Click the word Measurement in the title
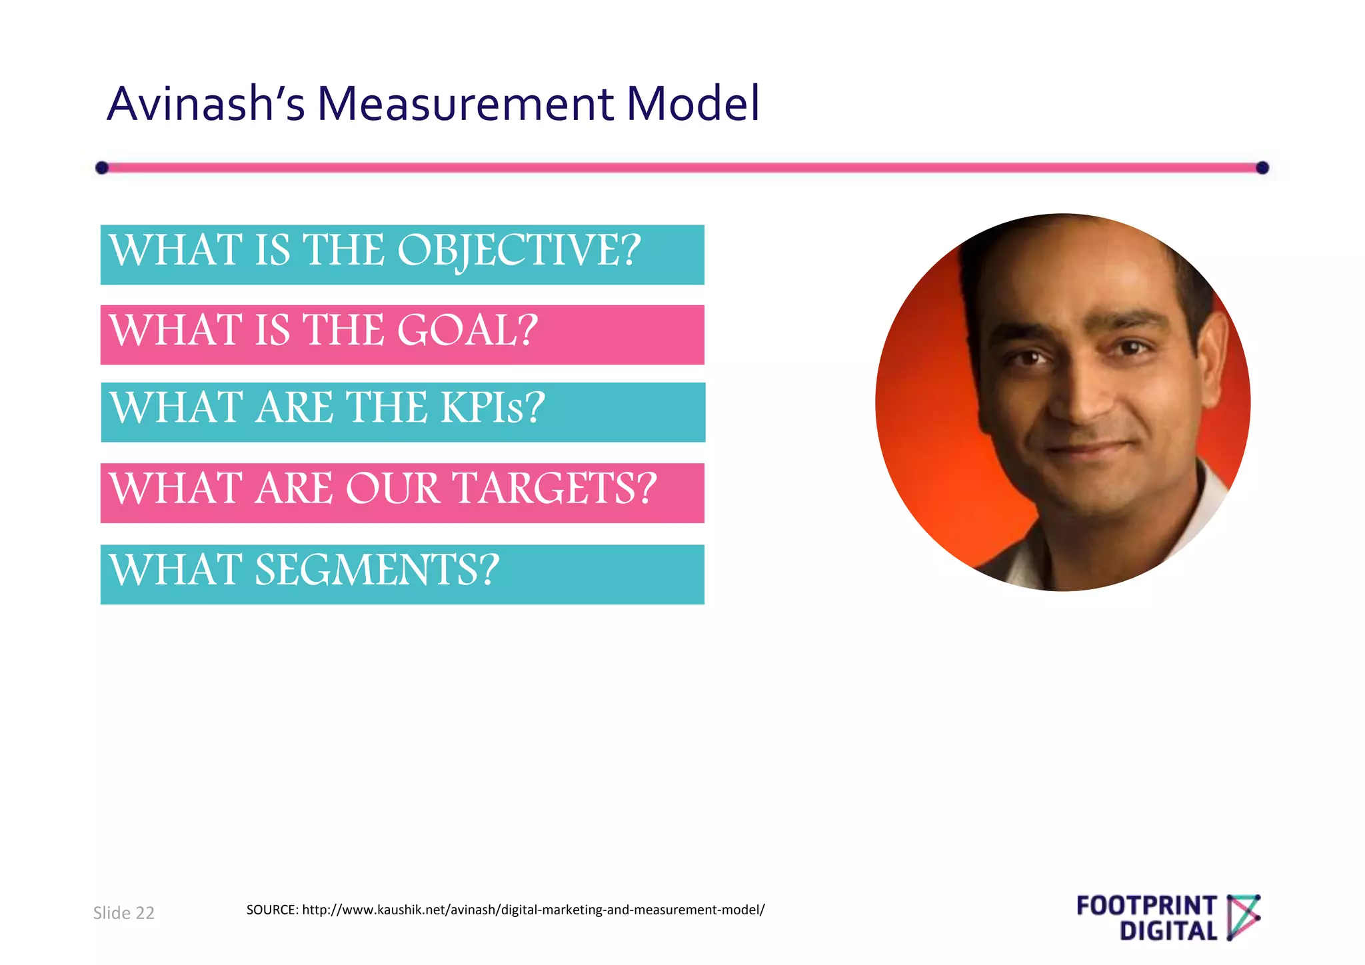[x=465, y=105]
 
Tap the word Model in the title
[x=692, y=105]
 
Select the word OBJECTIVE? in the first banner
[x=519, y=251]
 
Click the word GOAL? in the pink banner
[x=467, y=331]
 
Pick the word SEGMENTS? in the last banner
[x=377, y=570]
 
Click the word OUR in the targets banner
[x=393, y=488]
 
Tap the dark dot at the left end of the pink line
[x=102, y=167]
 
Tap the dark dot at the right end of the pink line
[x=1262, y=168]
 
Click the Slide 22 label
[x=124, y=913]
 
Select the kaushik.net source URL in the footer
[x=533, y=910]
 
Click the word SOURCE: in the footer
[x=272, y=910]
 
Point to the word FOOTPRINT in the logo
[x=1146, y=906]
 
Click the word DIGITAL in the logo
[x=1168, y=931]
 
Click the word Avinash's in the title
[x=206, y=105]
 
